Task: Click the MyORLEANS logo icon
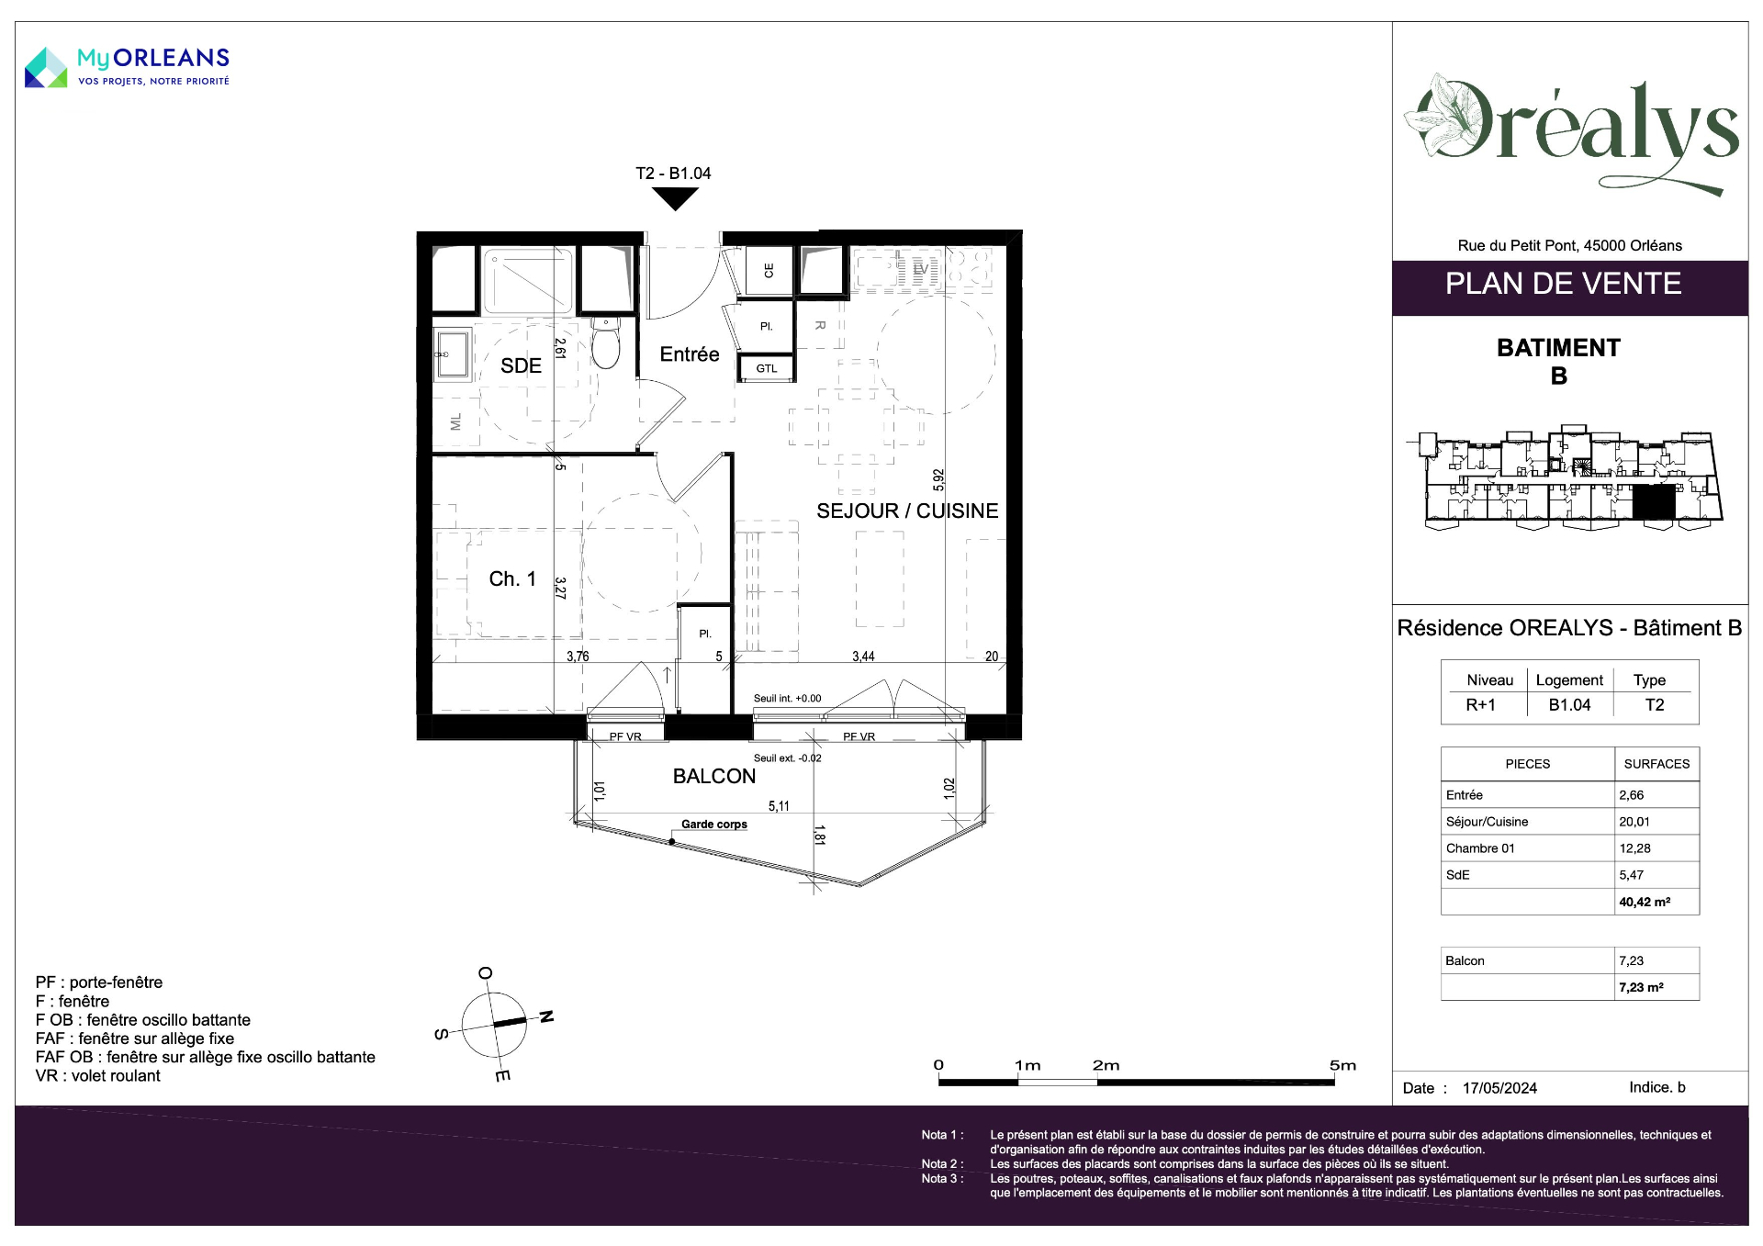(x=46, y=68)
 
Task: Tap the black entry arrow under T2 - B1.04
(x=675, y=198)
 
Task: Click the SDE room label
(x=521, y=365)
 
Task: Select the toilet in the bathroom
(x=605, y=342)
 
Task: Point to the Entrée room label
(x=690, y=354)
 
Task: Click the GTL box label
(x=767, y=369)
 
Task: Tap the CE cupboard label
(x=769, y=271)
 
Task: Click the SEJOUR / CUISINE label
(x=907, y=511)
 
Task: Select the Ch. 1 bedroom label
(x=512, y=578)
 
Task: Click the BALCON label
(x=714, y=776)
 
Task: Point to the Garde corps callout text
(x=714, y=825)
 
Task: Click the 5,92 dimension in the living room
(x=938, y=479)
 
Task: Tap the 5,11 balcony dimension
(x=779, y=806)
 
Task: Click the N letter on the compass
(x=546, y=1016)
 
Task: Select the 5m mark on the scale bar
(x=1342, y=1065)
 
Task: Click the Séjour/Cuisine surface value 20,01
(x=1634, y=822)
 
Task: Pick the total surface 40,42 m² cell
(x=1645, y=902)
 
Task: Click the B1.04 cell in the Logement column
(x=1569, y=705)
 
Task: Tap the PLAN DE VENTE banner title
(x=1563, y=284)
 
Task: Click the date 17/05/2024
(x=1499, y=1088)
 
